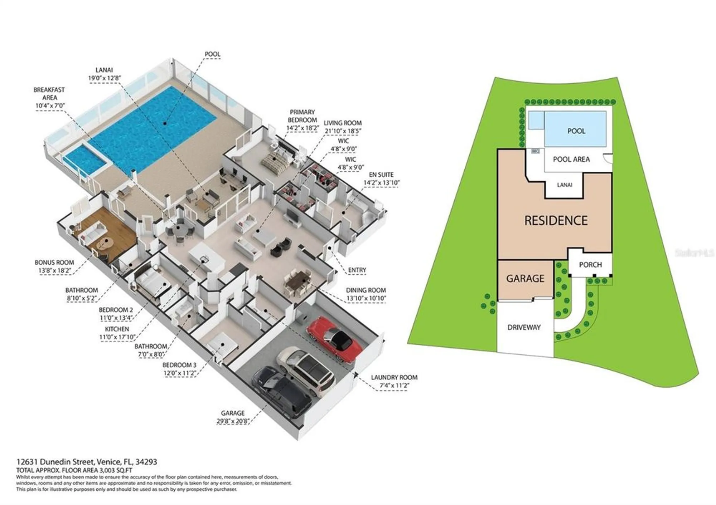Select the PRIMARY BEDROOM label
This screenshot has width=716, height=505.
coord(302,116)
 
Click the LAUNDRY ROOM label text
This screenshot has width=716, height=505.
coord(394,377)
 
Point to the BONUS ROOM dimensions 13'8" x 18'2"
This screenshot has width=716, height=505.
coord(54,271)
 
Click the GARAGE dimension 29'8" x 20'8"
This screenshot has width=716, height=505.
coord(233,421)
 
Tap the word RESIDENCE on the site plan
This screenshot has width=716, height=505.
coord(556,220)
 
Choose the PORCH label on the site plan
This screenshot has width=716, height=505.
coord(590,265)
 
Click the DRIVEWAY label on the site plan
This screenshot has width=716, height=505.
coord(524,327)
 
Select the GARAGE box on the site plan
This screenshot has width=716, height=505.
coord(525,279)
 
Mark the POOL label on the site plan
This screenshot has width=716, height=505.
coord(576,131)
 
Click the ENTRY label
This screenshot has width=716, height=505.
coord(357,270)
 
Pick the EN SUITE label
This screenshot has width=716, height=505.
coord(381,175)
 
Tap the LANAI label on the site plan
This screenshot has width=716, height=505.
coord(565,185)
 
